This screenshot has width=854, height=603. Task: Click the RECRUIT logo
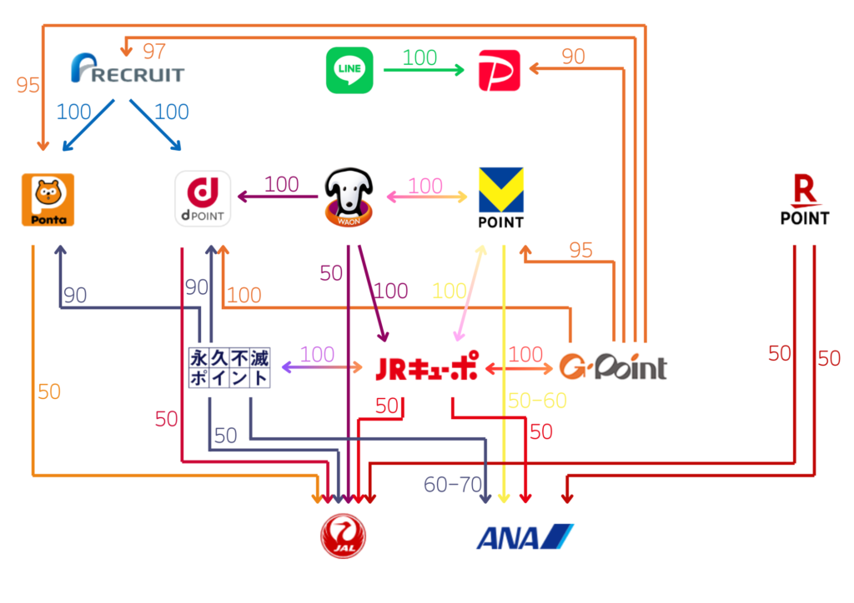click(x=128, y=70)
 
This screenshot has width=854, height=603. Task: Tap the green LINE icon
click(x=349, y=70)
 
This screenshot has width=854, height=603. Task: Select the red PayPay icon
click(x=500, y=70)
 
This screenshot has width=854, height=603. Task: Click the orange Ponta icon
click(x=48, y=200)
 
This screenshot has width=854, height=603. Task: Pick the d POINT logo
click(x=203, y=199)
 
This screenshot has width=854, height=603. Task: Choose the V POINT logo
click(x=500, y=197)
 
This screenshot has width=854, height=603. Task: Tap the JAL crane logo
click(x=344, y=535)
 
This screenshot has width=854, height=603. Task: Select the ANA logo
click(x=525, y=536)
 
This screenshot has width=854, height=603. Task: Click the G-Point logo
click(x=613, y=367)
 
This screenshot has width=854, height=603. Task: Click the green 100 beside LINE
click(x=419, y=57)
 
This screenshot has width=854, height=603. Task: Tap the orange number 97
click(x=154, y=51)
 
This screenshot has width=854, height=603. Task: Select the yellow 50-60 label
click(x=537, y=401)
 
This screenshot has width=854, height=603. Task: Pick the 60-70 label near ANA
click(x=453, y=485)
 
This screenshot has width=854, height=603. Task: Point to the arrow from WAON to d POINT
click(x=279, y=197)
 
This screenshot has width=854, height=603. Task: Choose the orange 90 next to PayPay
click(x=573, y=57)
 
